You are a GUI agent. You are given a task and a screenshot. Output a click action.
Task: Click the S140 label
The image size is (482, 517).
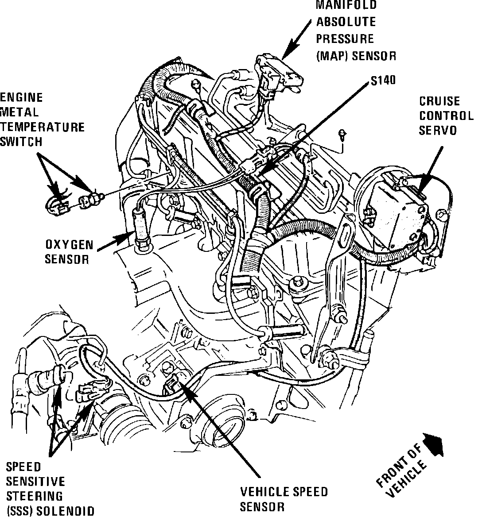384,80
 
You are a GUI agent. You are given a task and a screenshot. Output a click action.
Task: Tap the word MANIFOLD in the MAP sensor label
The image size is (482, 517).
346,5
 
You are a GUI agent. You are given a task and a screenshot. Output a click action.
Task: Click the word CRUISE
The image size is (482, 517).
439,102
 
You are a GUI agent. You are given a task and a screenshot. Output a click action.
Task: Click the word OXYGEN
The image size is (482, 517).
69,245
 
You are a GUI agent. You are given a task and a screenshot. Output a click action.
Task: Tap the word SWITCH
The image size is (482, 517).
22,142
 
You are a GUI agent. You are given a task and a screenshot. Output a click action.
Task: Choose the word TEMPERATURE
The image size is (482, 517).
42,127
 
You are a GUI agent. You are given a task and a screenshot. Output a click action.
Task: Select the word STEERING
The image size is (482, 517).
34,496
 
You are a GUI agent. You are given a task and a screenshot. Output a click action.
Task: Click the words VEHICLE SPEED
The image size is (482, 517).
284,492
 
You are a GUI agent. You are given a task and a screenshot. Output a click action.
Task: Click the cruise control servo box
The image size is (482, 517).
399,212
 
